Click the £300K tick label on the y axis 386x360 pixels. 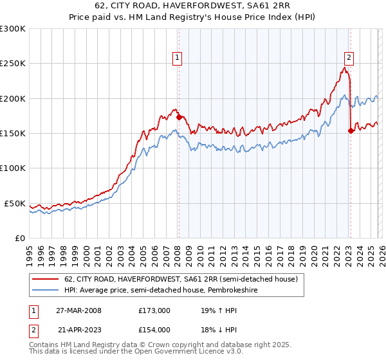click(x=13, y=29)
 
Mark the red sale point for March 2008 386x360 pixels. click(x=179, y=118)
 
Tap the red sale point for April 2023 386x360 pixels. click(x=351, y=130)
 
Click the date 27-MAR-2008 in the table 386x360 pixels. click(x=79, y=310)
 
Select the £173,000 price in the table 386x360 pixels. click(x=154, y=310)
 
